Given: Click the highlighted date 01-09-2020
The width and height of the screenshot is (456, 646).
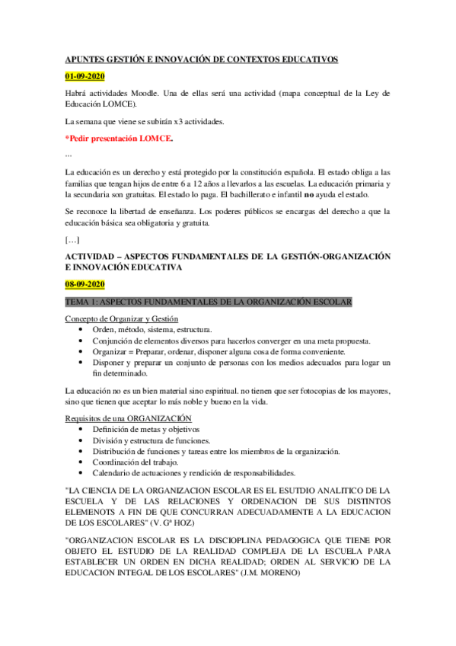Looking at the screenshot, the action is [x=85, y=77].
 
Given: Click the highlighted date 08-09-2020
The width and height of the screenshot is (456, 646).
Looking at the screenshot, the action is [x=85, y=284].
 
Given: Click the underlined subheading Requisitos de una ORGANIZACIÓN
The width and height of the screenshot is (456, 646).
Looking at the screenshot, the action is [x=129, y=419].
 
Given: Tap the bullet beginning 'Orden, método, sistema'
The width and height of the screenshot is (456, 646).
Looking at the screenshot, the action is [x=149, y=329].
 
